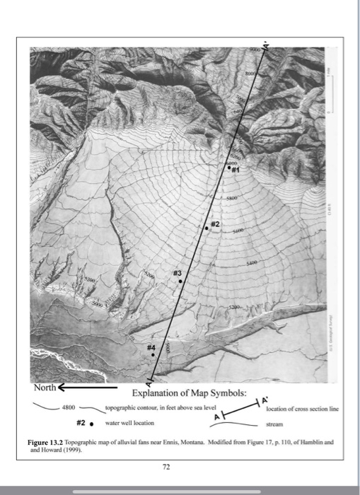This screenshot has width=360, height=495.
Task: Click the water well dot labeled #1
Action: (x=228, y=168)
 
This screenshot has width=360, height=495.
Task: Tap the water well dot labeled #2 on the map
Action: (x=207, y=228)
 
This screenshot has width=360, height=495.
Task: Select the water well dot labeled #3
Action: (x=180, y=281)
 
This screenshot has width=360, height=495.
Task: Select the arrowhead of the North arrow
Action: (x=62, y=388)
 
